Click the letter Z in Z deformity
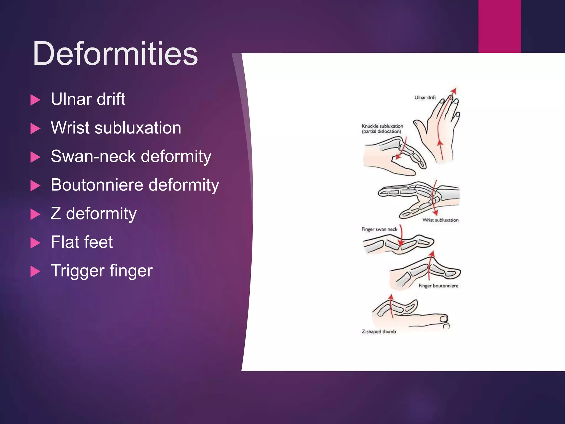pos(56,213)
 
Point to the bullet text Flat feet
pos(82,242)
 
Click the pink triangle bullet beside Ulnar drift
pos(35,100)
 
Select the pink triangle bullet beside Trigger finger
pos(35,271)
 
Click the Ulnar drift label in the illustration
pos(425,97)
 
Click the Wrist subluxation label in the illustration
pos(440,220)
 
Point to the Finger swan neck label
pos(379,229)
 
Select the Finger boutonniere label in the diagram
pos(438,286)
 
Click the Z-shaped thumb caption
pos(379,332)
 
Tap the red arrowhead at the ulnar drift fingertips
pos(454,90)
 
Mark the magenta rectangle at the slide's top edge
pos(499,26)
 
